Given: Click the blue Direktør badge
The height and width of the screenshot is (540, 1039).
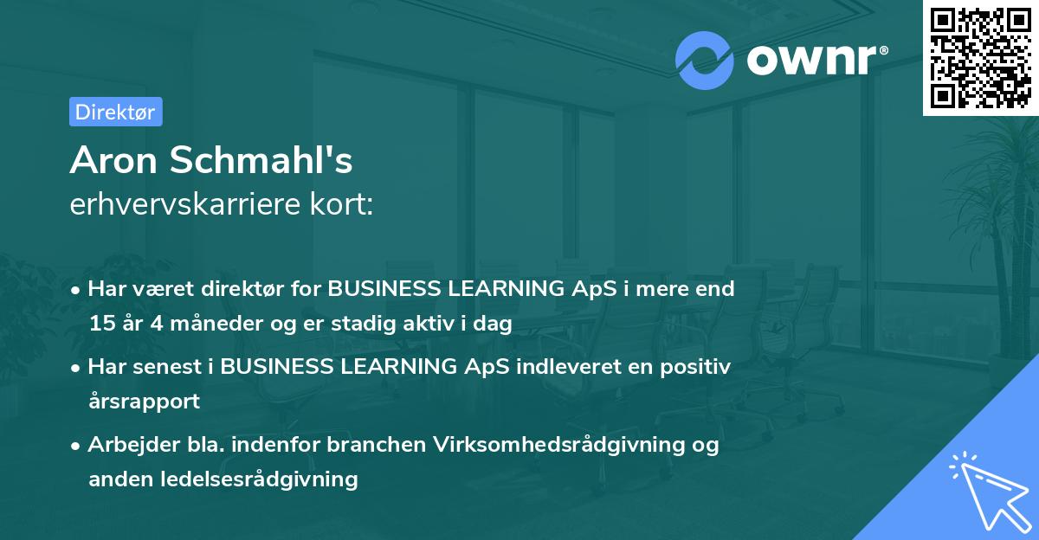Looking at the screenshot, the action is (116, 112).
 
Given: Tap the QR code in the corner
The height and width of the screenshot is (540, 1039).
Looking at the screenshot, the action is (981, 58).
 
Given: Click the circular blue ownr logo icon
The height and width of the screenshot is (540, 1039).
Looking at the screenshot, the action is (704, 61).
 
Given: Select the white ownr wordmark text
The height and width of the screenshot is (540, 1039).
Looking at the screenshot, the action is (817, 60).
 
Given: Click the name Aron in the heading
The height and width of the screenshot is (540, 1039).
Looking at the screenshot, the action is (113, 160).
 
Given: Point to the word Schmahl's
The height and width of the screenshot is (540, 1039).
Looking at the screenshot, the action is (261, 159).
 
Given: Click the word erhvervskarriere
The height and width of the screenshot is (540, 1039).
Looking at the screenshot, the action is (185, 204).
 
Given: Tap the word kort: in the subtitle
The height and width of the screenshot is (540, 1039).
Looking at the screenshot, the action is (341, 204).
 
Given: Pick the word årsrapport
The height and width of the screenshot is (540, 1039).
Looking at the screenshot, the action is (145, 402).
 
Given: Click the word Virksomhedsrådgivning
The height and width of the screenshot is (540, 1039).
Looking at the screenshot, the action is (559, 445).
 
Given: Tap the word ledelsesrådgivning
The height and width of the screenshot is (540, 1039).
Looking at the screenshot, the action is (259, 479).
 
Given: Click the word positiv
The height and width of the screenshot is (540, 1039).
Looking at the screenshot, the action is (695, 367).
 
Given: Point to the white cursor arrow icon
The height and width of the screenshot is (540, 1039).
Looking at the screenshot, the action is (991, 492).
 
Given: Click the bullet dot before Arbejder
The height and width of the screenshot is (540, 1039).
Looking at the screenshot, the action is (74, 447).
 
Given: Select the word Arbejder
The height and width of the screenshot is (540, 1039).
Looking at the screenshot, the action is (134, 445).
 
